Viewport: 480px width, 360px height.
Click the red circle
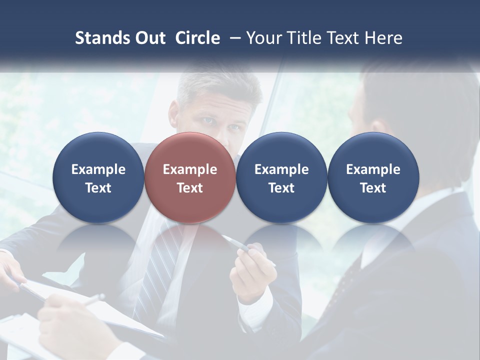tap(190, 177)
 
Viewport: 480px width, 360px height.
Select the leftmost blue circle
tap(98, 177)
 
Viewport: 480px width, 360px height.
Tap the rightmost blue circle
tap(373, 177)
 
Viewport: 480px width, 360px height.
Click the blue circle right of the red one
tap(281, 177)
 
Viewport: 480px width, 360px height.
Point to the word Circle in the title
tap(197, 38)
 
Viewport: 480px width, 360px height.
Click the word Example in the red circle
tap(190, 169)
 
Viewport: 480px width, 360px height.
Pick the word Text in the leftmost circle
tap(98, 188)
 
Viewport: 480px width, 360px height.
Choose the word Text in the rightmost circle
tap(373, 188)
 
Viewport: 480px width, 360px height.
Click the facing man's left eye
tap(233, 127)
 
